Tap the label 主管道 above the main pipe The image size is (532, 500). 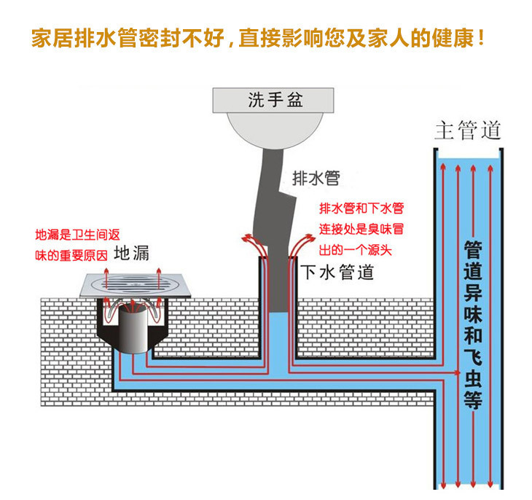coord(469,130)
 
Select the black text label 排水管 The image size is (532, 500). coord(316,177)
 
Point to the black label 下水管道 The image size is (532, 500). coord(338,273)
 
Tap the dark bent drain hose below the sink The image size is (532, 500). coord(273,197)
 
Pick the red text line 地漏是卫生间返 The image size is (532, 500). coord(77,235)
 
